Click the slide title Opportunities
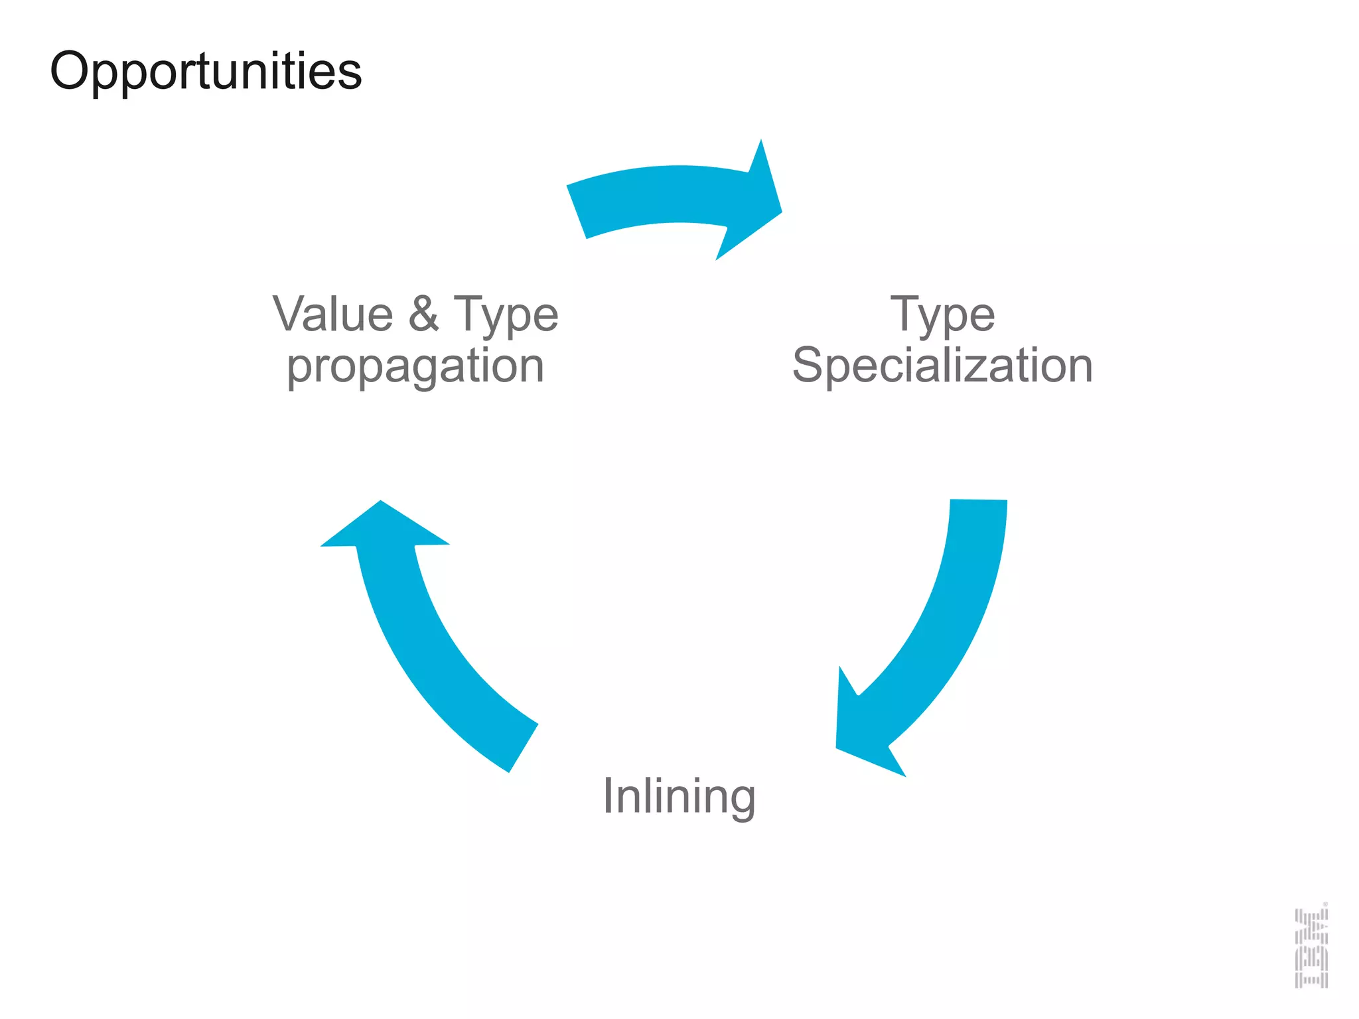206,72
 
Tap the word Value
333,314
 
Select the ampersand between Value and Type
423,314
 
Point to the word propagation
415,367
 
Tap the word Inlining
679,796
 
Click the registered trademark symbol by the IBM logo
1325,904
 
